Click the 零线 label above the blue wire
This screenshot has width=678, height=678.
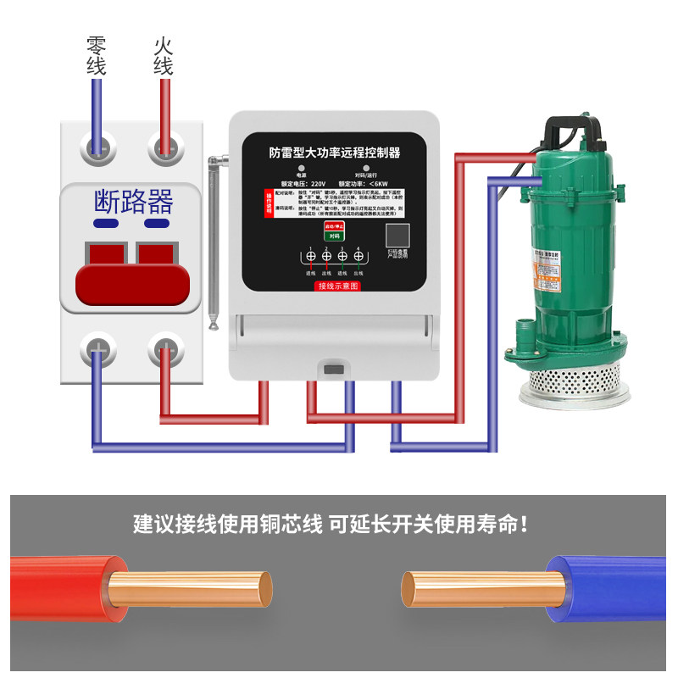(97, 56)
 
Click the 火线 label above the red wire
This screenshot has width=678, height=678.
(164, 56)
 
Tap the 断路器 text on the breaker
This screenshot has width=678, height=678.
(132, 201)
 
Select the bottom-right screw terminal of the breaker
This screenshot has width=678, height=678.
(166, 349)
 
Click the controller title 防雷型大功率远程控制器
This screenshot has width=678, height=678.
(335, 153)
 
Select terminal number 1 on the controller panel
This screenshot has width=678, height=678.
(310, 256)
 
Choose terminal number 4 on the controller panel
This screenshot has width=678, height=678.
(358, 256)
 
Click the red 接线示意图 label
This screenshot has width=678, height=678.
(337, 286)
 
